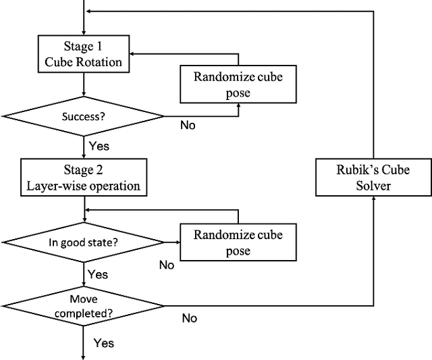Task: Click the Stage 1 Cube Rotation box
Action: (x=83, y=53)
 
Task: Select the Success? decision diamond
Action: (x=83, y=116)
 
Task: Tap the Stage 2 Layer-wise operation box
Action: (x=83, y=178)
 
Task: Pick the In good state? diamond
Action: (x=83, y=242)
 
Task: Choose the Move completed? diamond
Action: (x=83, y=305)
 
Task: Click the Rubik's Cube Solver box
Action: (x=373, y=178)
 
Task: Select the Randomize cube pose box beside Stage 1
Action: (x=238, y=84)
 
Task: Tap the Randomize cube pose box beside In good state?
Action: (x=238, y=242)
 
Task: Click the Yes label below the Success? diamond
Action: (x=99, y=145)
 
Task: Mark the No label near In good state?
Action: (x=167, y=265)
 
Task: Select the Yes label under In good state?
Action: (x=98, y=274)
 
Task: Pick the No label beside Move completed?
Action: (x=190, y=317)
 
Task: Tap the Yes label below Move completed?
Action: (x=104, y=343)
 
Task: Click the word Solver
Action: (x=373, y=185)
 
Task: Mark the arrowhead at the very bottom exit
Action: (x=83, y=356)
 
